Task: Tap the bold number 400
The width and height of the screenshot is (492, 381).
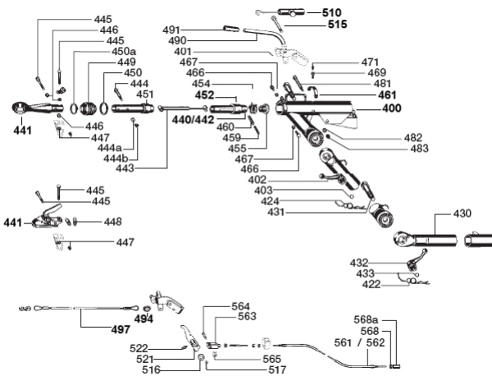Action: [391, 108]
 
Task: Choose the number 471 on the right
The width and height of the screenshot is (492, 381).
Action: [371, 62]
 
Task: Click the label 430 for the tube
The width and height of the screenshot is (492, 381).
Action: [462, 214]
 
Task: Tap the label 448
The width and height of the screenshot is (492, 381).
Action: [112, 222]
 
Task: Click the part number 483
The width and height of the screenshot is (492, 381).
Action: [419, 149]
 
